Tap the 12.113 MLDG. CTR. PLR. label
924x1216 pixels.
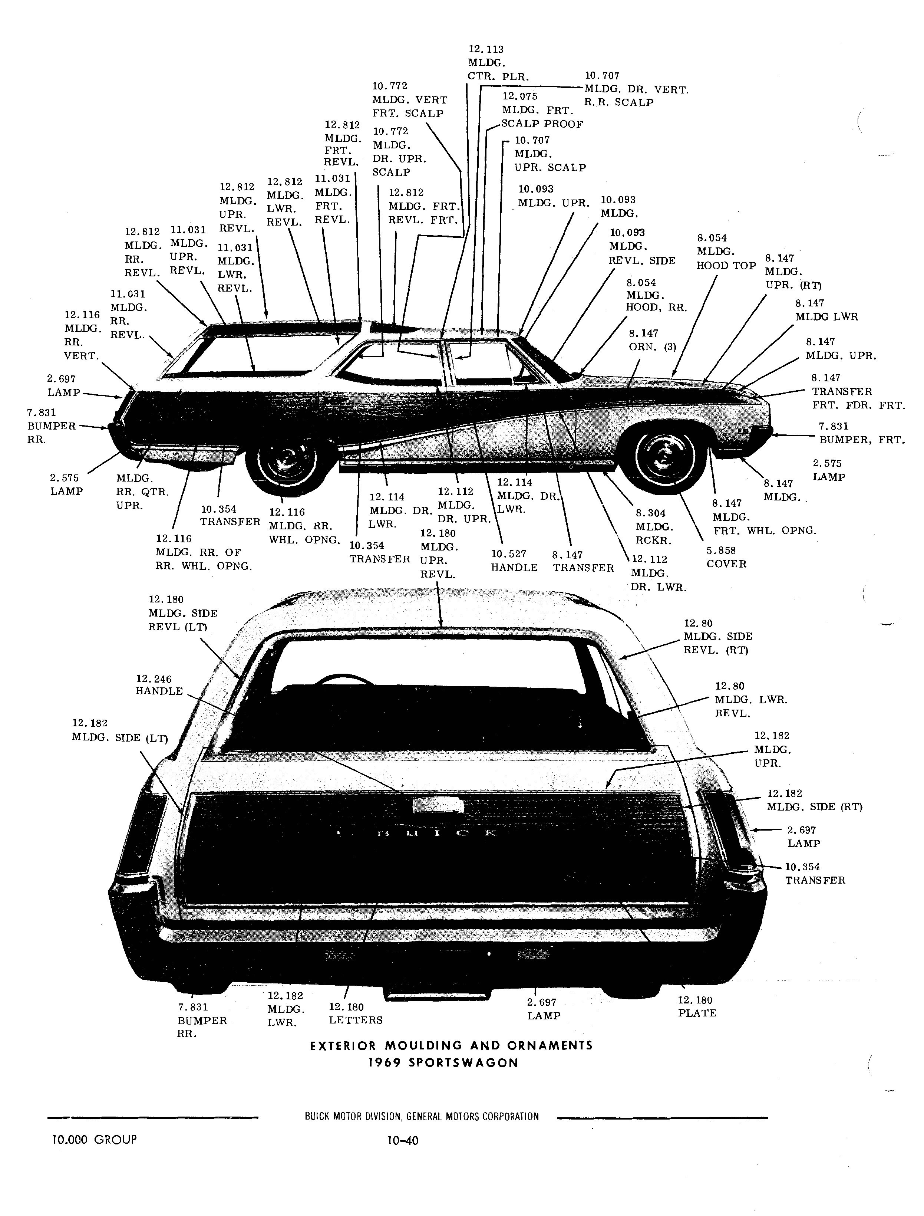tap(498, 63)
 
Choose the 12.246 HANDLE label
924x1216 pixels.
tap(159, 686)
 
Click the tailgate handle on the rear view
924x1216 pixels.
tap(438, 806)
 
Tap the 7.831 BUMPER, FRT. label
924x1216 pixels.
tap(861, 433)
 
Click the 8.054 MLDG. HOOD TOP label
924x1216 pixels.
tap(726, 252)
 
